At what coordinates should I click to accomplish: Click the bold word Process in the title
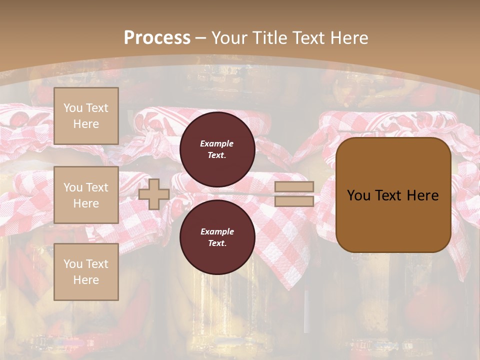point(157,38)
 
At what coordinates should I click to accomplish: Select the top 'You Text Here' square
point(86,116)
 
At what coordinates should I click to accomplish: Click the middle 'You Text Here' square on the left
point(86,195)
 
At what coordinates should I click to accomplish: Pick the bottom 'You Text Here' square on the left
point(86,271)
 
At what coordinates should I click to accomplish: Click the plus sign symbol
point(154,194)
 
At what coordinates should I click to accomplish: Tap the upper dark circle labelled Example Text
point(217,149)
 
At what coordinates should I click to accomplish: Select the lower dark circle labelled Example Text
point(217,237)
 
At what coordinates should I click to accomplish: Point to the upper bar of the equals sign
point(294,187)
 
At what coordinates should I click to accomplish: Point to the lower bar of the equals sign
point(294,201)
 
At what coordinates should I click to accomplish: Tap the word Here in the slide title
point(350,38)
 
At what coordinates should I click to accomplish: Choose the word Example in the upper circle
point(217,143)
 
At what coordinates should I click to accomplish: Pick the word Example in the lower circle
point(217,231)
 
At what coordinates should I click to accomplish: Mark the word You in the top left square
point(73,108)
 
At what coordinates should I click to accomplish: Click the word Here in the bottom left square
point(86,280)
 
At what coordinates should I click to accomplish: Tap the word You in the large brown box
point(358,195)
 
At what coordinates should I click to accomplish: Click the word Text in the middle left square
point(97,187)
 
